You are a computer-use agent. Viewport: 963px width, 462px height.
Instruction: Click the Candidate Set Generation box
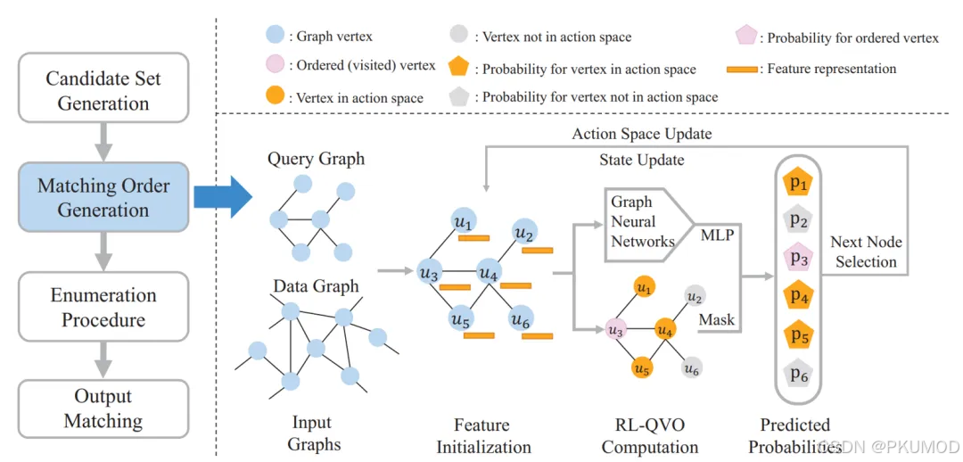pyautogui.click(x=103, y=90)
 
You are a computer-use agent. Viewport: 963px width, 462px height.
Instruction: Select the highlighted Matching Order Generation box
pyautogui.click(x=103, y=198)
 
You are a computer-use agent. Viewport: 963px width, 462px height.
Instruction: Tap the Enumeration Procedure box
pyautogui.click(x=103, y=306)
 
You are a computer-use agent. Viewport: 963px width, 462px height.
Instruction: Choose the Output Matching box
pyautogui.click(x=103, y=408)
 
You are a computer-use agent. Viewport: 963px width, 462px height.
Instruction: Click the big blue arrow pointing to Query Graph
pyautogui.click(x=223, y=197)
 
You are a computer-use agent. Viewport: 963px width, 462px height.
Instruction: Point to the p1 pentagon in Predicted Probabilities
pyautogui.click(x=798, y=183)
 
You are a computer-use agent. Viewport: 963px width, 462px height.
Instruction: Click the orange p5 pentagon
pyautogui.click(x=798, y=337)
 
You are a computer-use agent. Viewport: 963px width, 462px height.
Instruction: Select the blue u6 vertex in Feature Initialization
pyautogui.click(x=522, y=318)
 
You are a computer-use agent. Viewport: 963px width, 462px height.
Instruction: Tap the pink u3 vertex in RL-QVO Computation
pyautogui.click(x=615, y=330)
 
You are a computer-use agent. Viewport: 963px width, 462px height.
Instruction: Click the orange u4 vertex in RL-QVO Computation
pyautogui.click(x=664, y=329)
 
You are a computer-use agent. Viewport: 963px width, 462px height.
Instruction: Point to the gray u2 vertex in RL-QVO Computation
pyautogui.click(x=695, y=297)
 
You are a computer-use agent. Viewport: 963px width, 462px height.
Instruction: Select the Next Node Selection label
pyautogui.click(x=865, y=252)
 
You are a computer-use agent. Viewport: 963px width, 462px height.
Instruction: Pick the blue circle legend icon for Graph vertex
pyautogui.click(x=276, y=37)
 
